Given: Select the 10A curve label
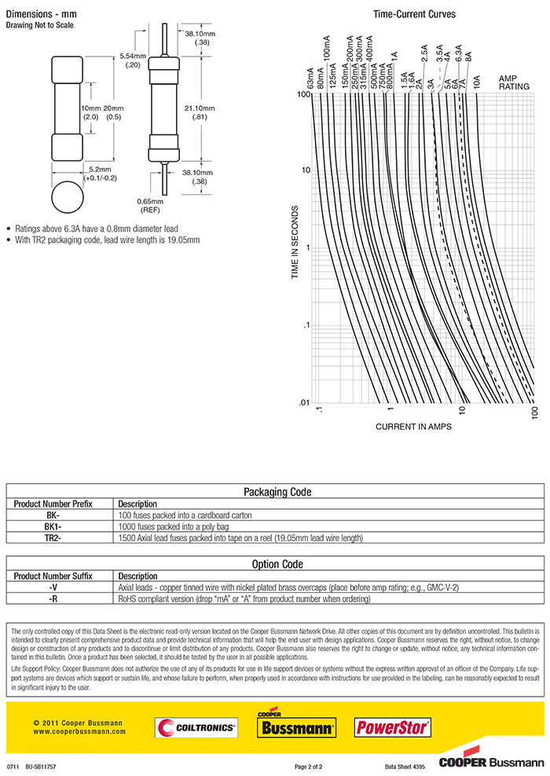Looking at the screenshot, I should pyautogui.click(x=476, y=81).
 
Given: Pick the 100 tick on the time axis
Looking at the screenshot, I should pyautogui.click(x=303, y=95).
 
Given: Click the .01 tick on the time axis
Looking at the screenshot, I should pyautogui.click(x=303, y=403).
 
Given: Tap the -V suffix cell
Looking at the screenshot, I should pyautogui.click(x=53, y=587).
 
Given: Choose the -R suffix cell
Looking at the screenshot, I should pyautogui.click(x=53, y=598).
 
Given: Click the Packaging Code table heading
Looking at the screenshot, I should pyautogui.click(x=277, y=492).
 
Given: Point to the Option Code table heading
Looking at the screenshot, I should pyautogui.click(x=277, y=564).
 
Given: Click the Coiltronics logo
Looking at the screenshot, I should pyautogui.click(x=196, y=728).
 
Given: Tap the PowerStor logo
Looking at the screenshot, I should pyautogui.click(x=393, y=727).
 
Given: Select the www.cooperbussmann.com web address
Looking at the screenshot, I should pyautogui.click(x=79, y=731).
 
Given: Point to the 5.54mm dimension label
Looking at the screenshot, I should pyautogui.click(x=132, y=60).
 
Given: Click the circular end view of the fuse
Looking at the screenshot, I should pyautogui.click(x=67, y=199).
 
